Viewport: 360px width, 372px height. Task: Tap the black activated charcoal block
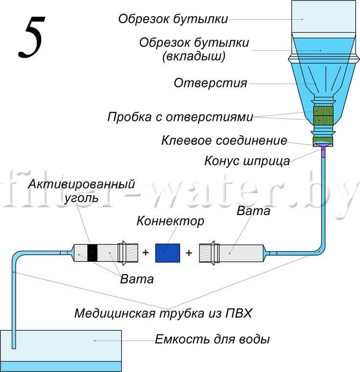coord(92,253)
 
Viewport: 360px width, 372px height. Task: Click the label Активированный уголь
coord(81,191)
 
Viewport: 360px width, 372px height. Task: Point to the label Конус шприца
coord(247,160)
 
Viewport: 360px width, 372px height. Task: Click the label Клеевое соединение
coord(224,141)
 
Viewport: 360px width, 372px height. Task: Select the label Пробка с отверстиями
coord(180,117)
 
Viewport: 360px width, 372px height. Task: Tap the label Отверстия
coord(210,83)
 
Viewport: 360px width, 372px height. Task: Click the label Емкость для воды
coord(212,339)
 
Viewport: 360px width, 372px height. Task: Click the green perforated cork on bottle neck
coord(323,115)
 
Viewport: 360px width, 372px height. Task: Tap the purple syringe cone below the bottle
coord(323,152)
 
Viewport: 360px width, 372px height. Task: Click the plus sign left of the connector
coord(145,253)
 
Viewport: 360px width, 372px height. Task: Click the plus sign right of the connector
coord(189,253)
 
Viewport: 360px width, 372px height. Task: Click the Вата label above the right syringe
coord(253,212)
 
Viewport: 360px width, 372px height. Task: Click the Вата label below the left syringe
coord(137,279)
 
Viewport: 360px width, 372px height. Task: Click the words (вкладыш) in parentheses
coord(194,56)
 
